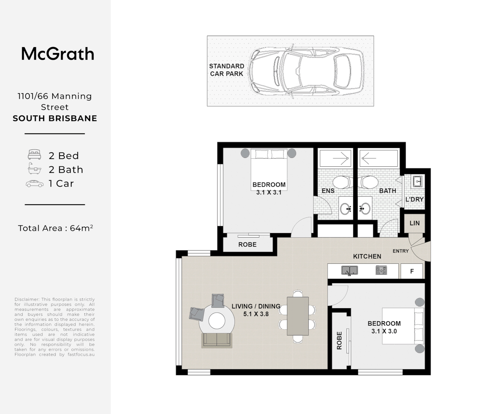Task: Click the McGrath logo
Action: [x=58, y=54]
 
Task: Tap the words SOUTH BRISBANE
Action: [x=55, y=118]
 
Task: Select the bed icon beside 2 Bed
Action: [x=35, y=155]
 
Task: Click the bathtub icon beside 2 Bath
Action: [x=34, y=168]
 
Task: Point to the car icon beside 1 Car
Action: [x=35, y=184]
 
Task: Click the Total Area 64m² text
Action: [x=56, y=228]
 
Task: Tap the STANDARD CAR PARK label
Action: [x=226, y=70]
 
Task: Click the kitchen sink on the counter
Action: [x=350, y=271]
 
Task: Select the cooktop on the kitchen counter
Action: [x=381, y=270]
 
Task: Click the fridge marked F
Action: [x=412, y=271]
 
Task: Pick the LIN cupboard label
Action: [x=415, y=223]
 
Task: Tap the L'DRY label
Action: [x=414, y=199]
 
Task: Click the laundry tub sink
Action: [x=418, y=181]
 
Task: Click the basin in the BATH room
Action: [x=365, y=208]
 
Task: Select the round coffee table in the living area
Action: [x=217, y=321]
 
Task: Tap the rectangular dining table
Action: [x=298, y=316]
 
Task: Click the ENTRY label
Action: [x=401, y=251]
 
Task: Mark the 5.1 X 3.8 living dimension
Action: [x=256, y=314]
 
